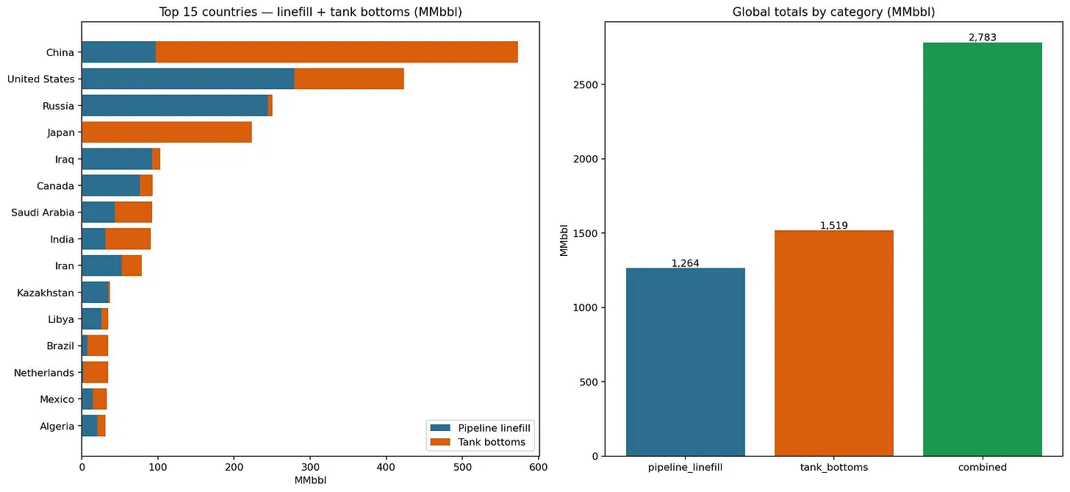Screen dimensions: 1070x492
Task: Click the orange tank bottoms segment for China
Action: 337,52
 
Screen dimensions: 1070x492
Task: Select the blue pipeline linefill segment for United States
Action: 188,79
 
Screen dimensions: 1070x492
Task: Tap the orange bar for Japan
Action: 168,132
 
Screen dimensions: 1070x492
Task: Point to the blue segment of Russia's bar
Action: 175,106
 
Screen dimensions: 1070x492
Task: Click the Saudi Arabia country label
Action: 43,213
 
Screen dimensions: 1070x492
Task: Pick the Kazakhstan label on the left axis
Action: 46,293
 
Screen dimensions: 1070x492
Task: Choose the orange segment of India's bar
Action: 128,239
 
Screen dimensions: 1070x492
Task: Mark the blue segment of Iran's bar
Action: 101,265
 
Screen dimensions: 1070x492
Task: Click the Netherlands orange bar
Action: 96,372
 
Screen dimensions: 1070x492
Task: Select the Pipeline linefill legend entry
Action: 481,428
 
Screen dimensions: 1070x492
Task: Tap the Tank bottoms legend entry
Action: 478,442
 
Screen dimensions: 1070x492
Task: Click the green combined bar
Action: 982,249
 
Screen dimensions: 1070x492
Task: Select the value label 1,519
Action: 834,225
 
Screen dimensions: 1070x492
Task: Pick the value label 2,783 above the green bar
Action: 983,38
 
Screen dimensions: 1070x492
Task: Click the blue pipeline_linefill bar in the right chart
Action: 686,362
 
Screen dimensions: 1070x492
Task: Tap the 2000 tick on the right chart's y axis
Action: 586,159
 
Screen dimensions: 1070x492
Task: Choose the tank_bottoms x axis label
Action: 834,468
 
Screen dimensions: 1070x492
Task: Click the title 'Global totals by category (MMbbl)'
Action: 833,12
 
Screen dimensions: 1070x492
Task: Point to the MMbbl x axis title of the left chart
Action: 310,480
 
